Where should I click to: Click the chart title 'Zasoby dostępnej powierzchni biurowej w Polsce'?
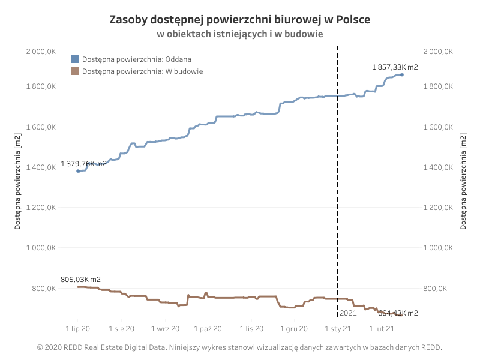coord(239,20)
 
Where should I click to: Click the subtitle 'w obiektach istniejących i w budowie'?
coord(239,34)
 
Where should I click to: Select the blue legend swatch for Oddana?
coord(75,59)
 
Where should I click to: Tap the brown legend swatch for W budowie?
coord(75,71)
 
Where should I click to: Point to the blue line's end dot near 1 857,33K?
coord(402,74)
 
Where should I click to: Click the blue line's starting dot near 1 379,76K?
coord(78,171)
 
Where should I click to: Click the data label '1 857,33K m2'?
coord(395,67)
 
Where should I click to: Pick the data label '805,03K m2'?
coord(80,280)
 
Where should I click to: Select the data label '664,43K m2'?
coord(398,313)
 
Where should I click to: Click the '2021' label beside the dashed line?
coord(348,313)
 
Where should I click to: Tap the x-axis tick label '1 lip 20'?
coord(78,329)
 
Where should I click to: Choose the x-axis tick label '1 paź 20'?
coord(208,329)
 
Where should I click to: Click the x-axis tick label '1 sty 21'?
coord(338,329)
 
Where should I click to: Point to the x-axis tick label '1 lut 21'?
coord(382,329)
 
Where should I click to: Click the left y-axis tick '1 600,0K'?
coord(41,127)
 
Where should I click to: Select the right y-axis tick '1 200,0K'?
coord(438,208)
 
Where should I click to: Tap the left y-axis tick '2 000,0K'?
coord(41,52)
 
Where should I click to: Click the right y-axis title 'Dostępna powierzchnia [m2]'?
coord(463,181)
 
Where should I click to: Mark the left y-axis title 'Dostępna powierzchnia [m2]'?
coord(17,181)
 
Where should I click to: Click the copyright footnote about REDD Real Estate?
coord(239,347)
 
